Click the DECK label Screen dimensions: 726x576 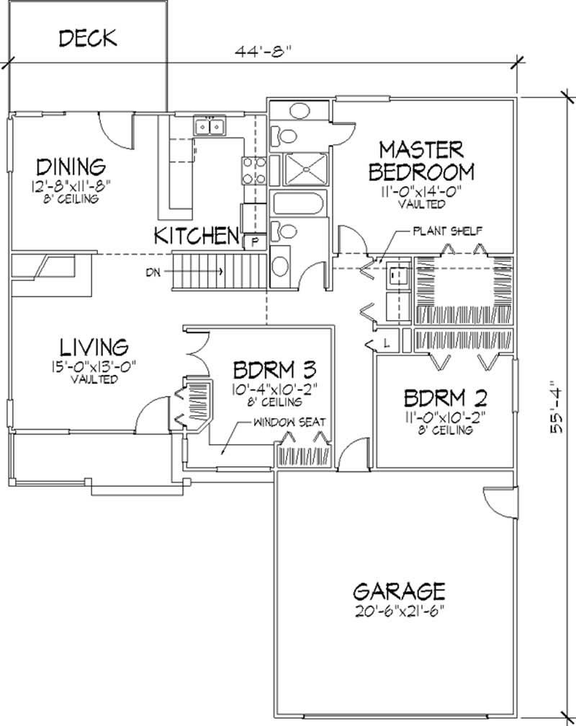coord(87,37)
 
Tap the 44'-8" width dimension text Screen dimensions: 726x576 coord(266,52)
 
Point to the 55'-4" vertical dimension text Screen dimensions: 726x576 coord(555,407)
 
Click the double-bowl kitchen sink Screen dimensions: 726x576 coord(209,128)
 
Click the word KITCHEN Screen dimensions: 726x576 coord(197,234)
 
